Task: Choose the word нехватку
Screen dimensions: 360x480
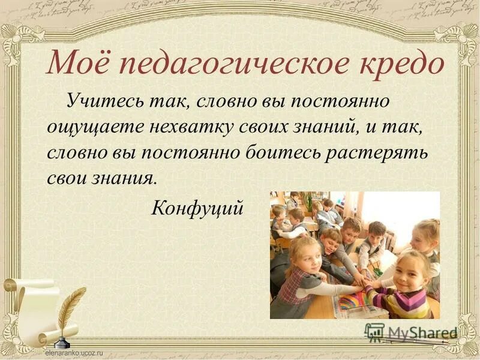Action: point(184,126)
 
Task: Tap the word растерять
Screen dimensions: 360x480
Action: point(377,152)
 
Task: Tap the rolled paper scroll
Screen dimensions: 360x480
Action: point(30,306)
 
